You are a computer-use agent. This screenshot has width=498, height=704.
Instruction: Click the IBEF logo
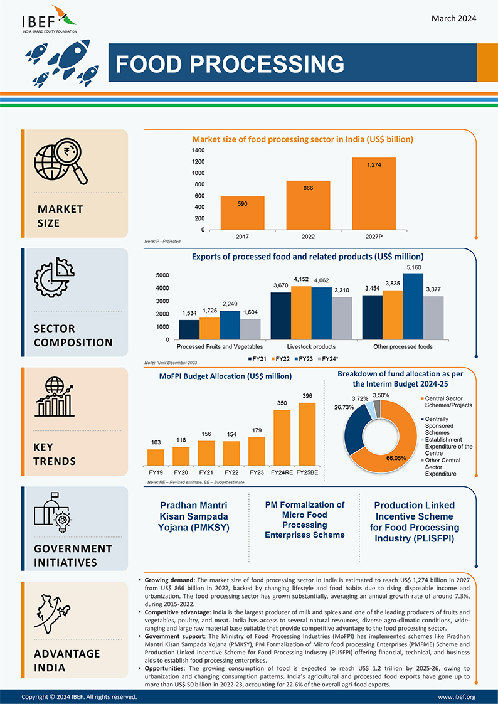point(50,19)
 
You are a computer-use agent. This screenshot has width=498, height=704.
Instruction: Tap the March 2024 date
point(453,18)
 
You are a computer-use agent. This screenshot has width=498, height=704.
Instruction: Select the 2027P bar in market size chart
point(374,193)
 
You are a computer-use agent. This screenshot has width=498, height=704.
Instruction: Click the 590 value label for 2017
point(242,204)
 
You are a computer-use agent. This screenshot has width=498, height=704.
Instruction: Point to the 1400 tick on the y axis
point(199,151)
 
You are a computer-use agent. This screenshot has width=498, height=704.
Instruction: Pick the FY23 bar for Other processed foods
point(413,306)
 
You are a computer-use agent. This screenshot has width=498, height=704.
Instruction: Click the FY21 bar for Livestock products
point(281,316)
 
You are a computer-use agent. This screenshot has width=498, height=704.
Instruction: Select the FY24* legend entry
point(329,359)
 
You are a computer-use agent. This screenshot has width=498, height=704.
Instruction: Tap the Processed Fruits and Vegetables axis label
point(220,346)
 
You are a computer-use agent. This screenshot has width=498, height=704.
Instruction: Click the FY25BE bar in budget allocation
point(307,434)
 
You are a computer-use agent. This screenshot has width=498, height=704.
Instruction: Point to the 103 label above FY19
point(156,443)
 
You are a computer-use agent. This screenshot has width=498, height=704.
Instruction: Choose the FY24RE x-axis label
point(282,472)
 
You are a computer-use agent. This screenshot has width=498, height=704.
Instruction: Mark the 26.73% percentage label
point(344,407)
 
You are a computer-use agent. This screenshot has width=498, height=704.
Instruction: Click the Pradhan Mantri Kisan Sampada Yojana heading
point(193,516)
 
